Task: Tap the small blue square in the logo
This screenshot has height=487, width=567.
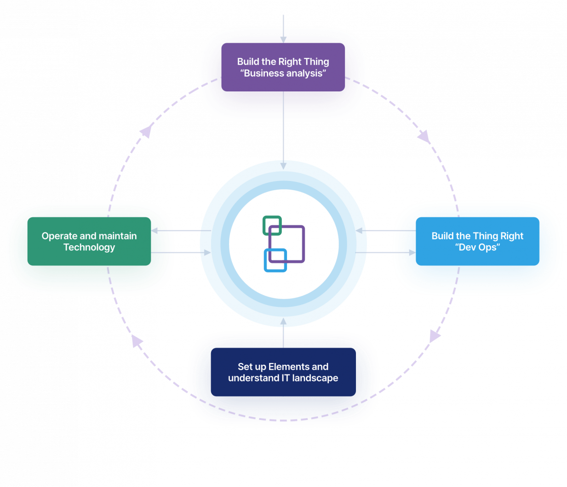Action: tap(275, 260)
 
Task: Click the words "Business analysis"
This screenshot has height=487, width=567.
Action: tap(283, 74)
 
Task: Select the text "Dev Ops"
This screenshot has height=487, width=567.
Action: tap(477, 248)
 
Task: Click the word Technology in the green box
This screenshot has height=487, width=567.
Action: tap(89, 248)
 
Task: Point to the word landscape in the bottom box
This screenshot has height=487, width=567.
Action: tap(315, 378)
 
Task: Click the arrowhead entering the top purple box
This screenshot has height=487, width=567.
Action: tap(283, 40)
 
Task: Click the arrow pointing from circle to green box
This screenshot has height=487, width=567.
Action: tap(181, 231)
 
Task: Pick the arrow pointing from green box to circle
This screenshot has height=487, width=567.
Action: tap(181, 253)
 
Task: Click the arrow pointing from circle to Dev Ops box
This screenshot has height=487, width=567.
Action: tap(385, 253)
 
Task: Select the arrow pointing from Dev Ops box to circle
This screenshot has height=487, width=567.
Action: tap(385, 231)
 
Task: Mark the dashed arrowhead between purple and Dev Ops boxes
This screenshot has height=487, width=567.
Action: tap(424, 136)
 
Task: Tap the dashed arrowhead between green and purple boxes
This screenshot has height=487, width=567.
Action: tap(146, 131)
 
